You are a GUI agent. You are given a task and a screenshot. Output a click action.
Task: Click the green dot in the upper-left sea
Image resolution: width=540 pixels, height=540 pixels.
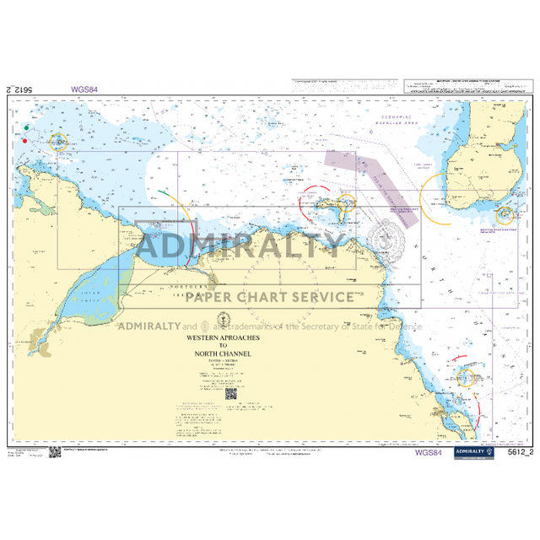[27, 127]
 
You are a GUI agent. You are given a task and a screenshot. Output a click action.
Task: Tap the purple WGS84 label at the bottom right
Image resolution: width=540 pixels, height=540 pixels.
[428, 452]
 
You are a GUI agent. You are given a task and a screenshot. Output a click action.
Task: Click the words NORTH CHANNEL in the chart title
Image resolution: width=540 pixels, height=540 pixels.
[224, 354]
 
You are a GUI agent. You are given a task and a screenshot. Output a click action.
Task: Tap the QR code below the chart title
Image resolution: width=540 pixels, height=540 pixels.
[229, 392]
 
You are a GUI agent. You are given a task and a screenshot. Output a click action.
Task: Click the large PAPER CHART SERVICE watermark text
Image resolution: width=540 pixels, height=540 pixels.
[269, 296]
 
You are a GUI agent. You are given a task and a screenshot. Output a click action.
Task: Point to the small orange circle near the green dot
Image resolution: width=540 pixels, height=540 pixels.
[58, 143]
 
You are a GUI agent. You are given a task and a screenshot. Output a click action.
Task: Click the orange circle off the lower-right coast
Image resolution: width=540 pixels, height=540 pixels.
[466, 378]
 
